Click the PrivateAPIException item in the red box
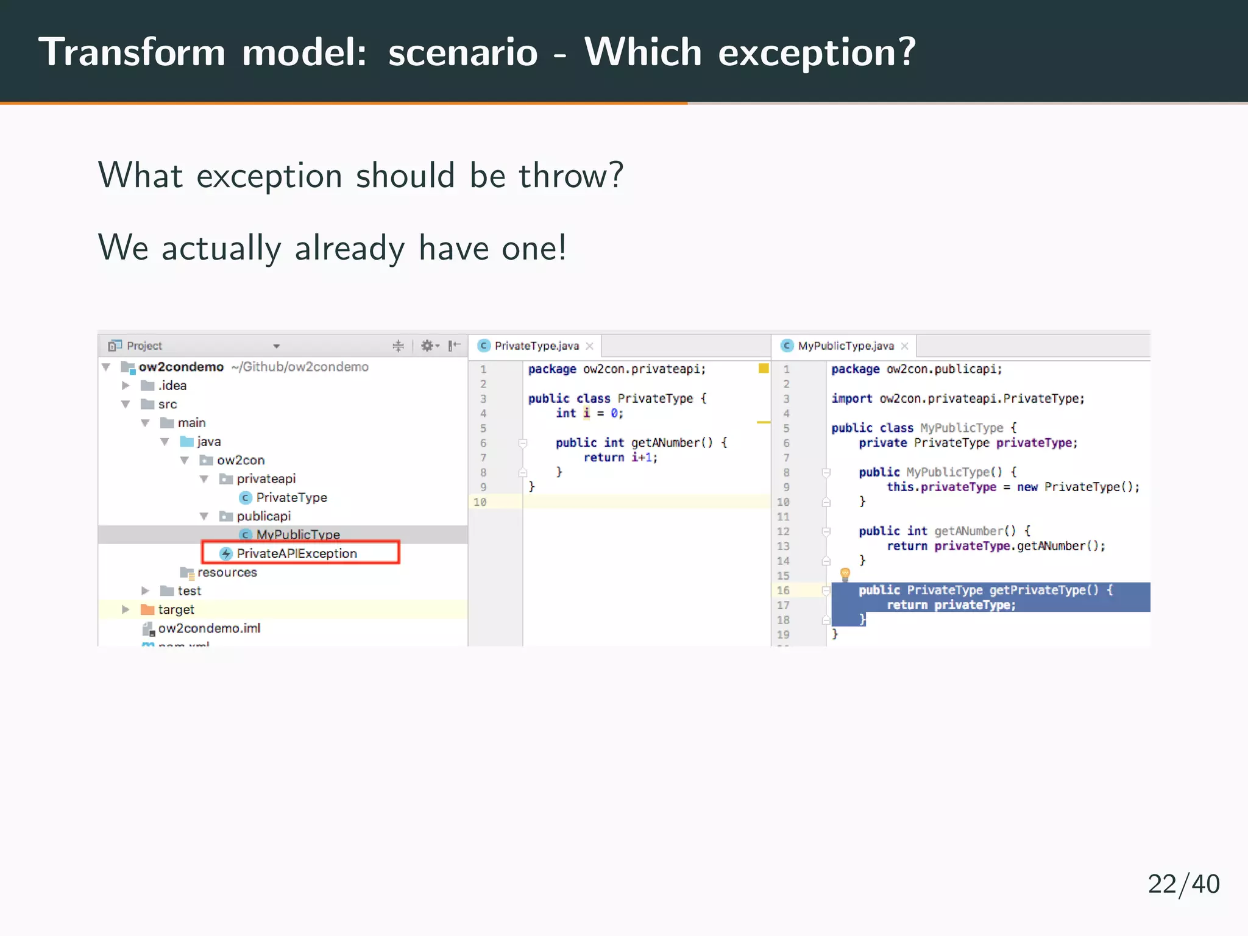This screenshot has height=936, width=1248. (296, 553)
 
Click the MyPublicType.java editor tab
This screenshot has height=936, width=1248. (845, 346)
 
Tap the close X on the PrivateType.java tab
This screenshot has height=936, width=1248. (589, 346)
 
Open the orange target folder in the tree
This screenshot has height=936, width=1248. (175, 609)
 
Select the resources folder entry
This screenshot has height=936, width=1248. (226, 572)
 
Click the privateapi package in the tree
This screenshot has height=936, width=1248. (266, 478)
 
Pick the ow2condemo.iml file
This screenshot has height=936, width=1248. (208, 628)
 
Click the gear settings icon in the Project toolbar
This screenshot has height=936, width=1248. (428, 346)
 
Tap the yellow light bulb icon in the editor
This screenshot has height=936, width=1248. (845, 573)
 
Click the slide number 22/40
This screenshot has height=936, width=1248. (1183, 884)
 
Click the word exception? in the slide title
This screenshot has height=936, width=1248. (817, 52)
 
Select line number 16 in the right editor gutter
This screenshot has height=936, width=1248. (783, 590)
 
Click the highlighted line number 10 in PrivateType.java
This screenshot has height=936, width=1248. (480, 502)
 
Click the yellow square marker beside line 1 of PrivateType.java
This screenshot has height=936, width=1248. (763, 368)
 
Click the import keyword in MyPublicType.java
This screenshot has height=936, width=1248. (851, 398)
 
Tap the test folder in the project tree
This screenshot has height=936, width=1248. (188, 590)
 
